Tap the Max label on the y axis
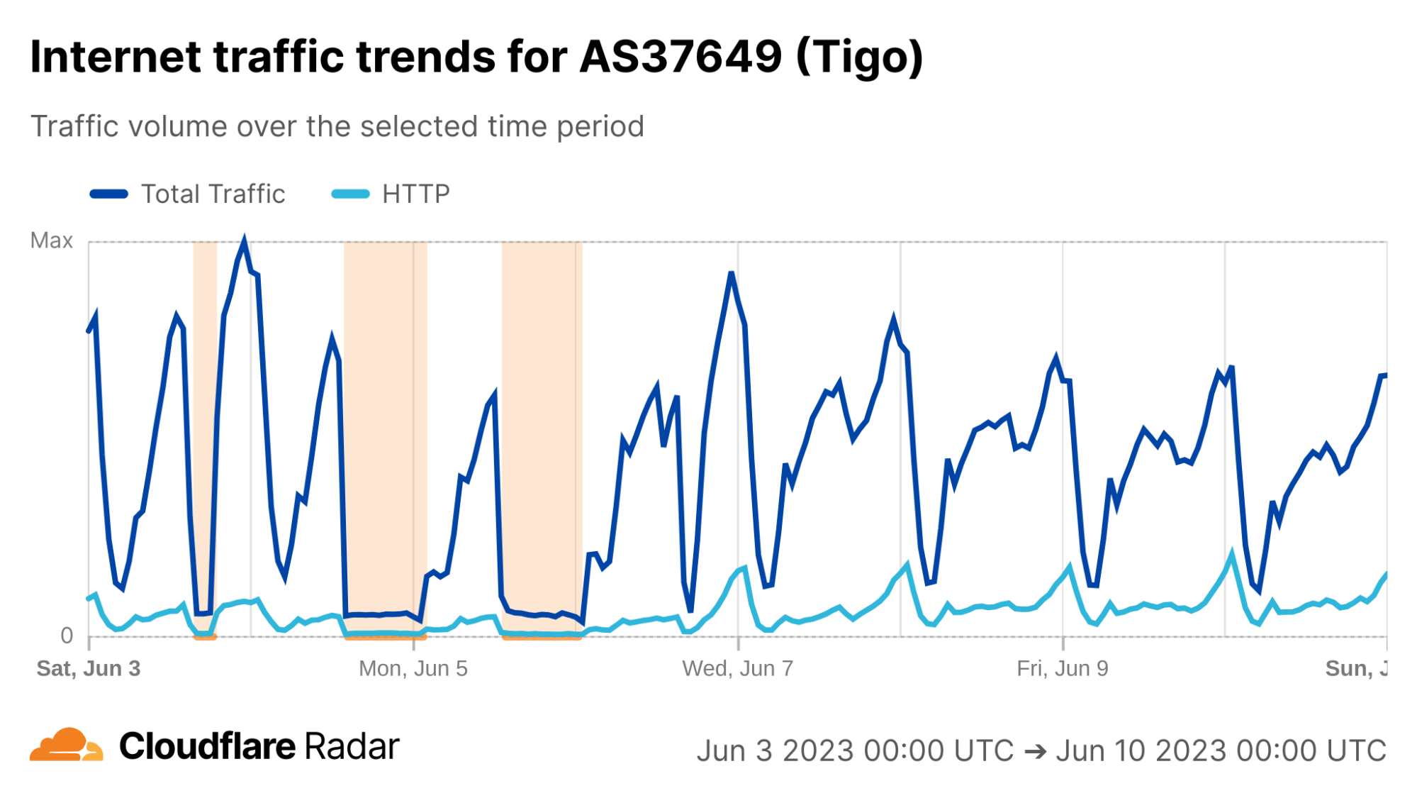(51, 240)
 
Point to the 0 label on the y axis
(67, 635)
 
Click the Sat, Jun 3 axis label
(89, 668)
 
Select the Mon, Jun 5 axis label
(413, 668)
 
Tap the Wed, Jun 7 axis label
(737, 668)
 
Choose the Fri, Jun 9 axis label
(1062, 668)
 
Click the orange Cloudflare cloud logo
(66, 745)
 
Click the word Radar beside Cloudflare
(352, 746)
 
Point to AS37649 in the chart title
(681, 56)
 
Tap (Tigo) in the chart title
(860, 56)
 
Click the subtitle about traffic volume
(337, 126)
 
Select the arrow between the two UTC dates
(1035, 750)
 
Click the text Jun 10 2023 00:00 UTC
(1221, 750)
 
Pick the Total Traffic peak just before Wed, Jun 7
(731, 273)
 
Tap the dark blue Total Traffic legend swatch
(109, 194)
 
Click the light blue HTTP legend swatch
(350, 194)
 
